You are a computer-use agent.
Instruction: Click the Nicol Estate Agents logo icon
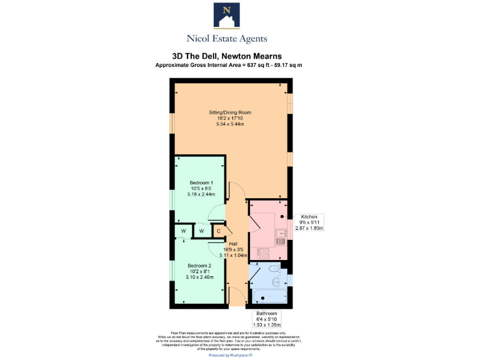tap(227, 16)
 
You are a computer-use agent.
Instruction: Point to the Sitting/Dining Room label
tap(229, 112)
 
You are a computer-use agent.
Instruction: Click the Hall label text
tap(233, 244)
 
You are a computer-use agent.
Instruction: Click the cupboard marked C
tap(218, 231)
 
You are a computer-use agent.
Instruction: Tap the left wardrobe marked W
tap(184, 231)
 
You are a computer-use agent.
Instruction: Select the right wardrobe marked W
tap(201, 231)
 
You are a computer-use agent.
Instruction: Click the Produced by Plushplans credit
tap(230, 355)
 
